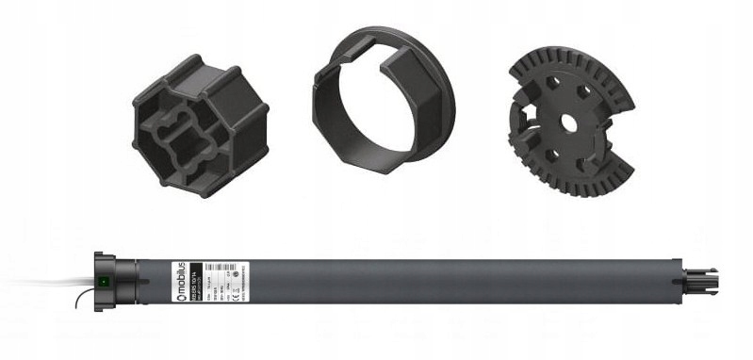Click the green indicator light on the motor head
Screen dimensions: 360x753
[103, 280]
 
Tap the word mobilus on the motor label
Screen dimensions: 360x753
[174, 270]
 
